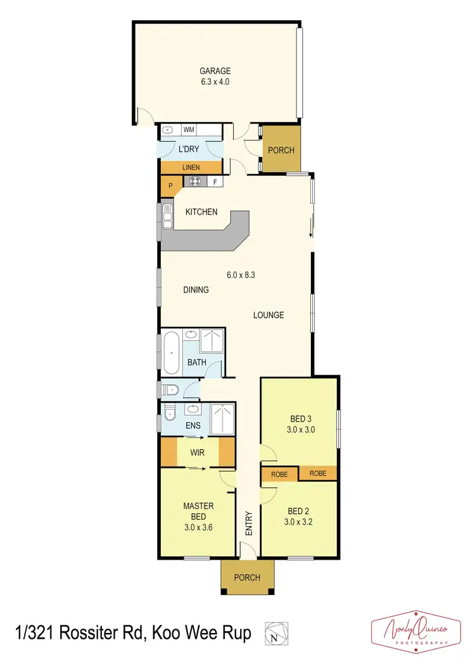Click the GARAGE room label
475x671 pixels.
point(215,71)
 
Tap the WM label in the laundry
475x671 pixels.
point(189,130)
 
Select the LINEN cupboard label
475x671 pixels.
point(191,167)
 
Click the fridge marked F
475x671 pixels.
point(215,182)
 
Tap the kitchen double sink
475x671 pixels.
point(167,216)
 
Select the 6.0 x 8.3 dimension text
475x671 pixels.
point(241,275)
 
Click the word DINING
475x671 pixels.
point(196,290)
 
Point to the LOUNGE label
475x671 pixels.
point(269,315)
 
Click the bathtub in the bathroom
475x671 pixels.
point(170,353)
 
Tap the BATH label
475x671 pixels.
point(196,363)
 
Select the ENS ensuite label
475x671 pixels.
point(193,425)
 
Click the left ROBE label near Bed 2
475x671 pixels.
point(279,473)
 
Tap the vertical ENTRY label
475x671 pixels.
point(248,524)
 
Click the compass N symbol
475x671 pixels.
point(274,637)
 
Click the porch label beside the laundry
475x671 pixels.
point(281,150)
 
